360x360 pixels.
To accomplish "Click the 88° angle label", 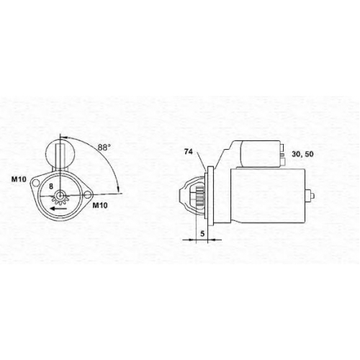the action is (x=104, y=147).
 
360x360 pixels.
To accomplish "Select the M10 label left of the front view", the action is (x=19, y=179).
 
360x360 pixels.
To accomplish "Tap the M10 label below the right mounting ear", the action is (x=100, y=205).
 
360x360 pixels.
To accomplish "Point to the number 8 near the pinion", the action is (x=51, y=186).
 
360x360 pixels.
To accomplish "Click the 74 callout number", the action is (x=189, y=152).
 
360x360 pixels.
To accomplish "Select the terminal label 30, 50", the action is (x=302, y=154).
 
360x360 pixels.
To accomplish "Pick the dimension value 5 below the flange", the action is (x=202, y=233).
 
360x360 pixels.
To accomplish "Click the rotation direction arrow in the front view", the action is (x=58, y=208).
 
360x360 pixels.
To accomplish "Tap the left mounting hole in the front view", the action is (x=35, y=183).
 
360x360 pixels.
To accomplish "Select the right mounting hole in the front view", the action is (x=87, y=194).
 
